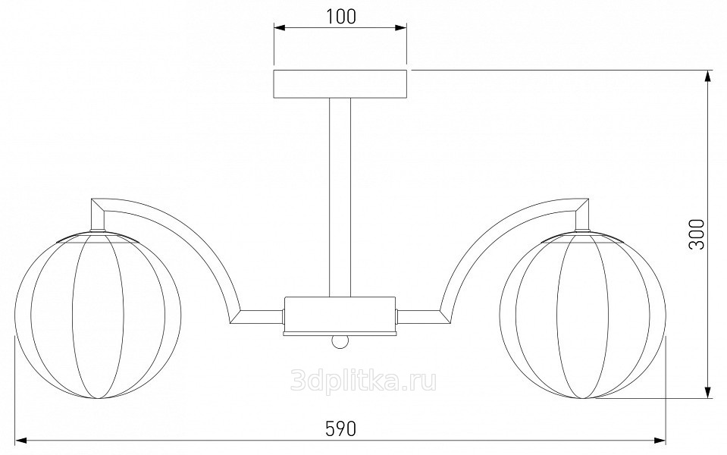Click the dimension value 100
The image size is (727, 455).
coord(341,16)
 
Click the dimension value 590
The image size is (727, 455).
coord(341,428)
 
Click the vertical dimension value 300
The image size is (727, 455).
coord(697,234)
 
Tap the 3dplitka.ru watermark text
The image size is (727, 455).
coord(364,381)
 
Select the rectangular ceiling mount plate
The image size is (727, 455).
coord(340,84)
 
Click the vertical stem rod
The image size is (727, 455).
coord(340,198)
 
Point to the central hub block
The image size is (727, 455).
coord(340,315)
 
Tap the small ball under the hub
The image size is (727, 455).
coord(340,342)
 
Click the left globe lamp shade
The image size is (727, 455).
coord(98,315)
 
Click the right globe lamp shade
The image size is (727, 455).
coord(582,315)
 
